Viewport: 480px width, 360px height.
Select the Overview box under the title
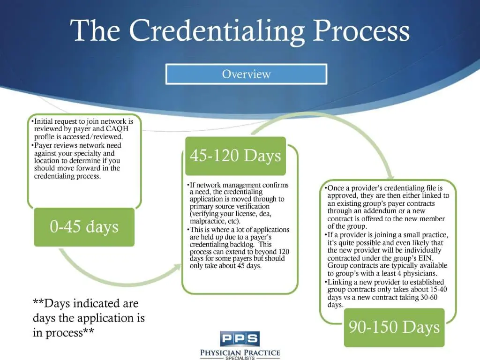pyautogui.click(x=246, y=74)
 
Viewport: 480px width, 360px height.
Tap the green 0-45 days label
pyautogui.click(x=84, y=227)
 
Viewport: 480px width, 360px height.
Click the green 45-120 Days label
pyautogui.click(x=235, y=155)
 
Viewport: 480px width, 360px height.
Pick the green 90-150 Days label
pyautogui.click(x=394, y=327)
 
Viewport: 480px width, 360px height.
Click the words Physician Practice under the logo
pyautogui.click(x=240, y=352)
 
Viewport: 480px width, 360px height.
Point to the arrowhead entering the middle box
pyautogui.click(x=178, y=267)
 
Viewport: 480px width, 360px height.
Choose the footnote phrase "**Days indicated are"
pyautogui.click(x=85, y=304)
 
